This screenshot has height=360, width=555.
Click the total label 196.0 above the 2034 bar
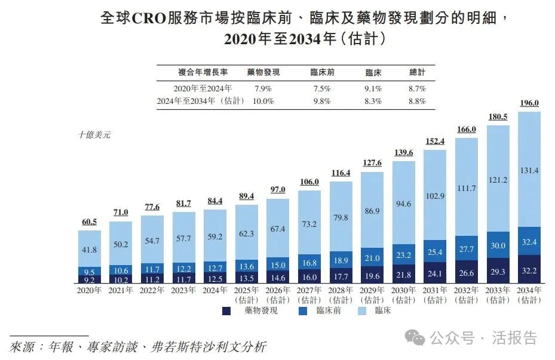[x=529, y=103]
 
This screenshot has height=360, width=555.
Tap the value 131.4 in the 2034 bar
[x=529, y=170]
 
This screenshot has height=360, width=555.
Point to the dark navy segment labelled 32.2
[x=529, y=270]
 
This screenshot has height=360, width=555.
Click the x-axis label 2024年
[x=215, y=290]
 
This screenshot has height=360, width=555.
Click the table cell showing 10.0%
[x=263, y=101]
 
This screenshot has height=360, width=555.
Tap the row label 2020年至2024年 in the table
[x=203, y=88]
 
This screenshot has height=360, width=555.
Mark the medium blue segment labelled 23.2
[x=404, y=254]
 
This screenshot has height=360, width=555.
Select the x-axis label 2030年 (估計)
[x=404, y=295]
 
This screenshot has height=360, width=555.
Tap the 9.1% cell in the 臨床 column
[x=373, y=88]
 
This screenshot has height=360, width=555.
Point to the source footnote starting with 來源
[x=137, y=347]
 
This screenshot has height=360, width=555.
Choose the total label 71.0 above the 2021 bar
[x=121, y=213]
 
